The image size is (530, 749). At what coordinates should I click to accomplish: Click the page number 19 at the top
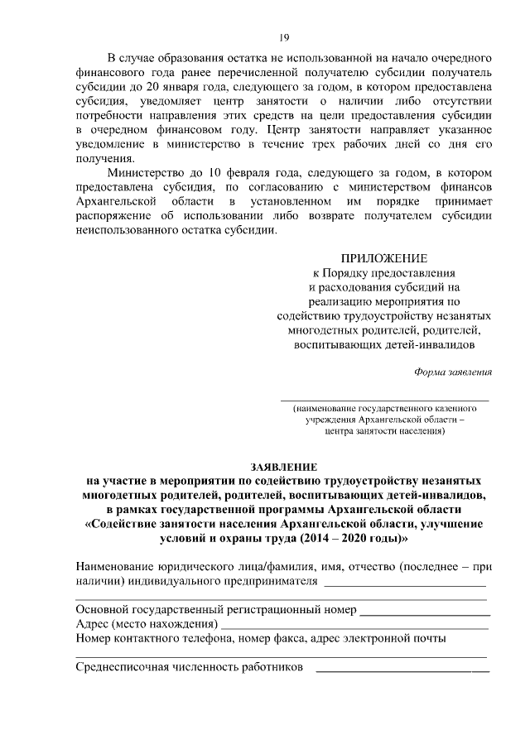[x=283, y=37]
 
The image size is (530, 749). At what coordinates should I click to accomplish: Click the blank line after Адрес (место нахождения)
[x=355, y=628]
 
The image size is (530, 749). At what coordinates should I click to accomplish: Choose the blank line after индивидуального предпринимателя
[x=406, y=585]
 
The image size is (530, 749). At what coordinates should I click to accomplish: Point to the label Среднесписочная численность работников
[x=189, y=666]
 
